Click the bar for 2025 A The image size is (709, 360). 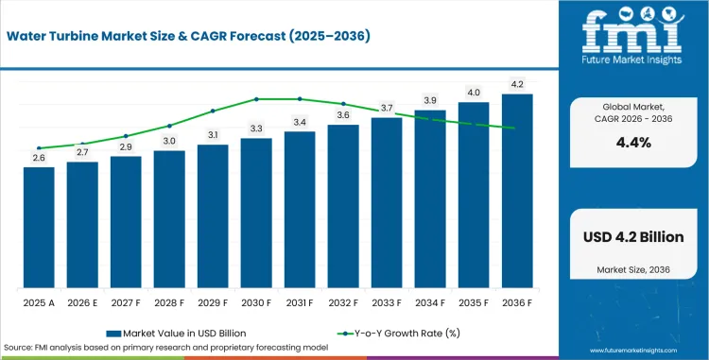(39, 228)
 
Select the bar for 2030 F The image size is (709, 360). (256, 214)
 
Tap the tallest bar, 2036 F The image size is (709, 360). (517, 191)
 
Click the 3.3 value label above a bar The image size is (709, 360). (256, 129)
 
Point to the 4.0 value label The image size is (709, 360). (474, 93)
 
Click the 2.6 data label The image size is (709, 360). (39, 158)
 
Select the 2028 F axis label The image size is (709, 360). (169, 303)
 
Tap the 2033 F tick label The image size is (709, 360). (387, 303)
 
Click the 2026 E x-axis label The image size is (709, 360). (82, 303)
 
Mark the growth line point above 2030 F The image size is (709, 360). (256, 99)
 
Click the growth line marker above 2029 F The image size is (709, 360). (213, 111)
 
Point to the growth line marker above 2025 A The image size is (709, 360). (39, 148)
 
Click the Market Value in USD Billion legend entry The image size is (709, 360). (177, 334)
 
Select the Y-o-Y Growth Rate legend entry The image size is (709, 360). (399, 334)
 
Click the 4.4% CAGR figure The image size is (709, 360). (633, 143)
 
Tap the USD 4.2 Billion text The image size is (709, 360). (633, 237)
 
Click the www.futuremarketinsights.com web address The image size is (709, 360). (633, 351)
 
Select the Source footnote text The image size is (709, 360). (166, 348)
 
